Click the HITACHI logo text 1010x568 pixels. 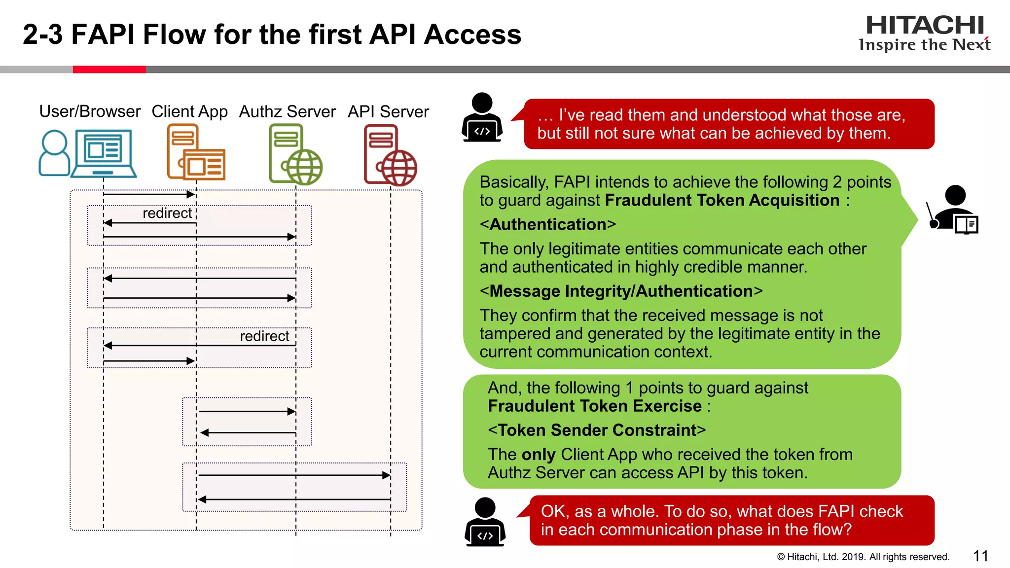pyautogui.click(x=925, y=26)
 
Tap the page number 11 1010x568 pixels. pyautogui.click(x=980, y=556)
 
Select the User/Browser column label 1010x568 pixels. pyautogui.click(x=90, y=111)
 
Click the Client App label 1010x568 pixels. pyautogui.click(x=189, y=111)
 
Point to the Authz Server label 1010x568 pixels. pyautogui.click(x=287, y=111)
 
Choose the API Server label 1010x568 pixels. pyautogui.click(x=388, y=111)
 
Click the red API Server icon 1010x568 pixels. pyautogui.click(x=390, y=155)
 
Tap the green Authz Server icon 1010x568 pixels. pyautogui.click(x=295, y=154)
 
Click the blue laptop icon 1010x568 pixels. pyautogui.click(x=104, y=153)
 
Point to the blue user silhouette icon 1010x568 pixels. pyautogui.click(x=54, y=153)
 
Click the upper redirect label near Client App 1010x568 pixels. pyautogui.click(x=167, y=213)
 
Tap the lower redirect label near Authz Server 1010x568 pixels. pyautogui.click(x=264, y=336)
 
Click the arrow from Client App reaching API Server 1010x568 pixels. pyautogui.click(x=294, y=475)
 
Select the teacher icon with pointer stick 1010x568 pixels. pyautogui.click(x=953, y=209)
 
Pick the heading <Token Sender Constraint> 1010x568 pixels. pyautogui.click(x=597, y=430)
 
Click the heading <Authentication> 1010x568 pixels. pyautogui.click(x=548, y=224)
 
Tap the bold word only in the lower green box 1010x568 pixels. pyautogui.click(x=539, y=455)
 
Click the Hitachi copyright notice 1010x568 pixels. pyautogui.click(x=863, y=557)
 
